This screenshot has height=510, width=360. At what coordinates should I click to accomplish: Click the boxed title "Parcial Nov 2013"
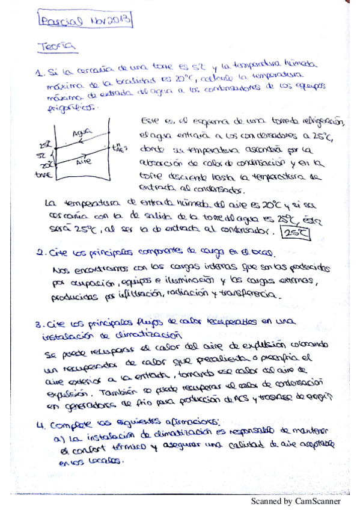coord(84,22)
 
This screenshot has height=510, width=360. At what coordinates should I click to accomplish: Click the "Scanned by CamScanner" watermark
coord(296,501)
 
